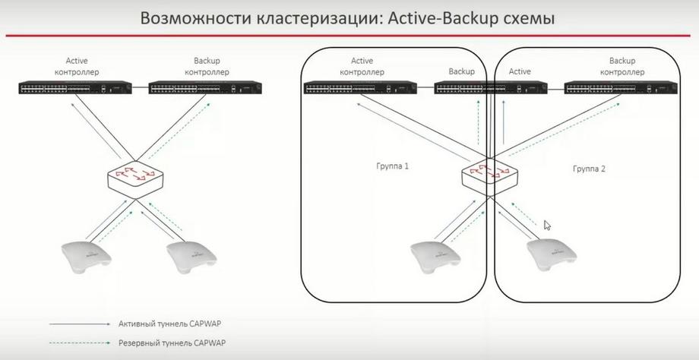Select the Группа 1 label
(x=393, y=166)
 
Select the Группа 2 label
(x=589, y=169)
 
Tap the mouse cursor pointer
(x=547, y=225)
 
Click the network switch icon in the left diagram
(x=135, y=178)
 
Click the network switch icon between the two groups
(x=489, y=175)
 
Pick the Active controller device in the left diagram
(x=75, y=87)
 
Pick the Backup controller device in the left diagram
(x=205, y=87)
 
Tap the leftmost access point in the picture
(x=86, y=256)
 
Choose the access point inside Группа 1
(x=435, y=257)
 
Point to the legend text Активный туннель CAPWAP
(x=169, y=324)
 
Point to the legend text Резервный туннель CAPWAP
(x=172, y=343)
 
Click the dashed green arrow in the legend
(x=80, y=343)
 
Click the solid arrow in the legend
(x=80, y=324)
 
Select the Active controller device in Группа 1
(x=360, y=87)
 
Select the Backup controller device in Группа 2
(x=621, y=87)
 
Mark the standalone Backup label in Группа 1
(x=461, y=71)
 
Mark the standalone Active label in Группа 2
(x=520, y=71)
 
